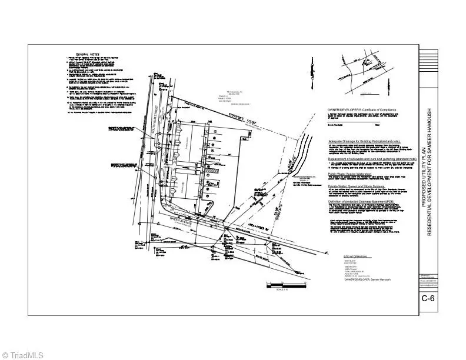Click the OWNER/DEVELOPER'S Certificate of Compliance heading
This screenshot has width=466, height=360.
[x=362, y=110]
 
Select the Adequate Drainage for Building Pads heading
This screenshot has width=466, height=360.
[x=365, y=142]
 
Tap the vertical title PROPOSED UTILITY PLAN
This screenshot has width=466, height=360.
[x=424, y=176]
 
